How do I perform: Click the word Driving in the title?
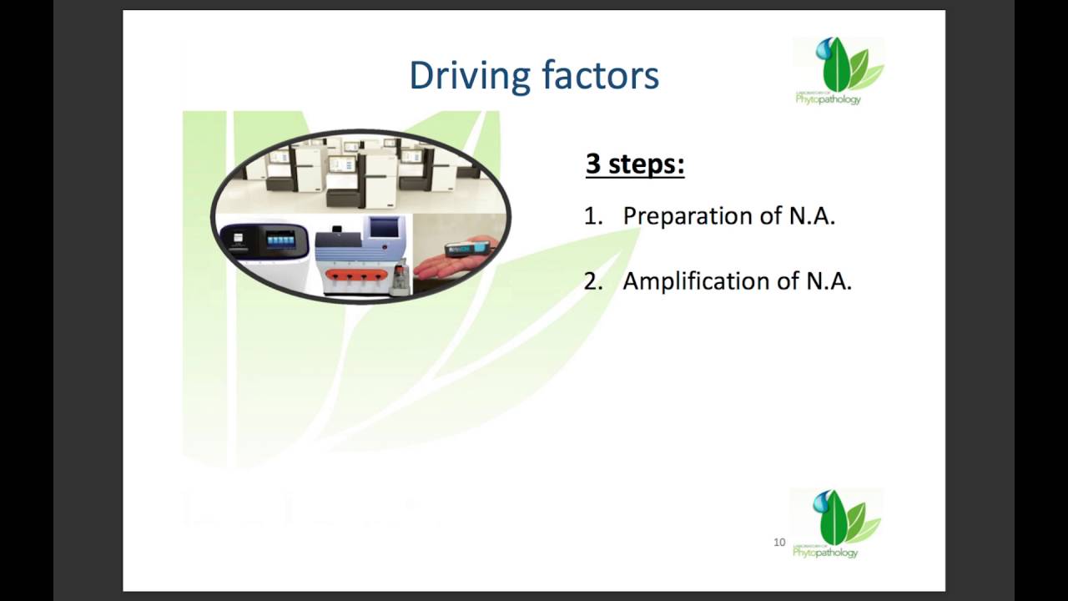click(470, 76)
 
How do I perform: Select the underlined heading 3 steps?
click(635, 164)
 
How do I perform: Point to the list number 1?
click(593, 216)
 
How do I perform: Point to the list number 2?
click(593, 281)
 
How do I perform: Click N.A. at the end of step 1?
click(812, 215)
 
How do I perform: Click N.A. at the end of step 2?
click(829, 281)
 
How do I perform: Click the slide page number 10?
click(779, 543)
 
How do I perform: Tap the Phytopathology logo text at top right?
click(829, 99)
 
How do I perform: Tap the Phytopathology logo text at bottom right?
click(825, 553)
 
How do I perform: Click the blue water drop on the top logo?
click(824, 48)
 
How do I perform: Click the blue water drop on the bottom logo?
click(821, 502)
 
